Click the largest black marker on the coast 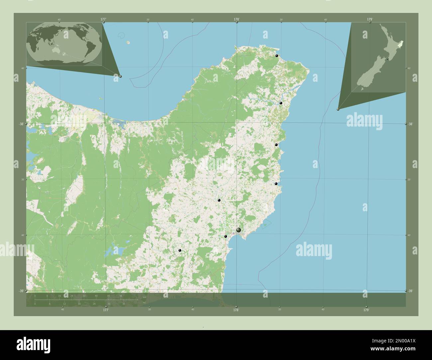239,230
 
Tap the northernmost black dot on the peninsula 276,56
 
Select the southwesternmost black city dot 180,250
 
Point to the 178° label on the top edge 236,19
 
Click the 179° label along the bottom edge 366,310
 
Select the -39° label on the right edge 411,291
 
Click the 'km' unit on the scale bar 144,297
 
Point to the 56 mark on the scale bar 121,296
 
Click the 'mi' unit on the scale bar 144,303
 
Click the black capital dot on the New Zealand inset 387,59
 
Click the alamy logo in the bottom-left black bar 34,344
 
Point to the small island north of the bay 128,43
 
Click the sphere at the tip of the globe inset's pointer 120,76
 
